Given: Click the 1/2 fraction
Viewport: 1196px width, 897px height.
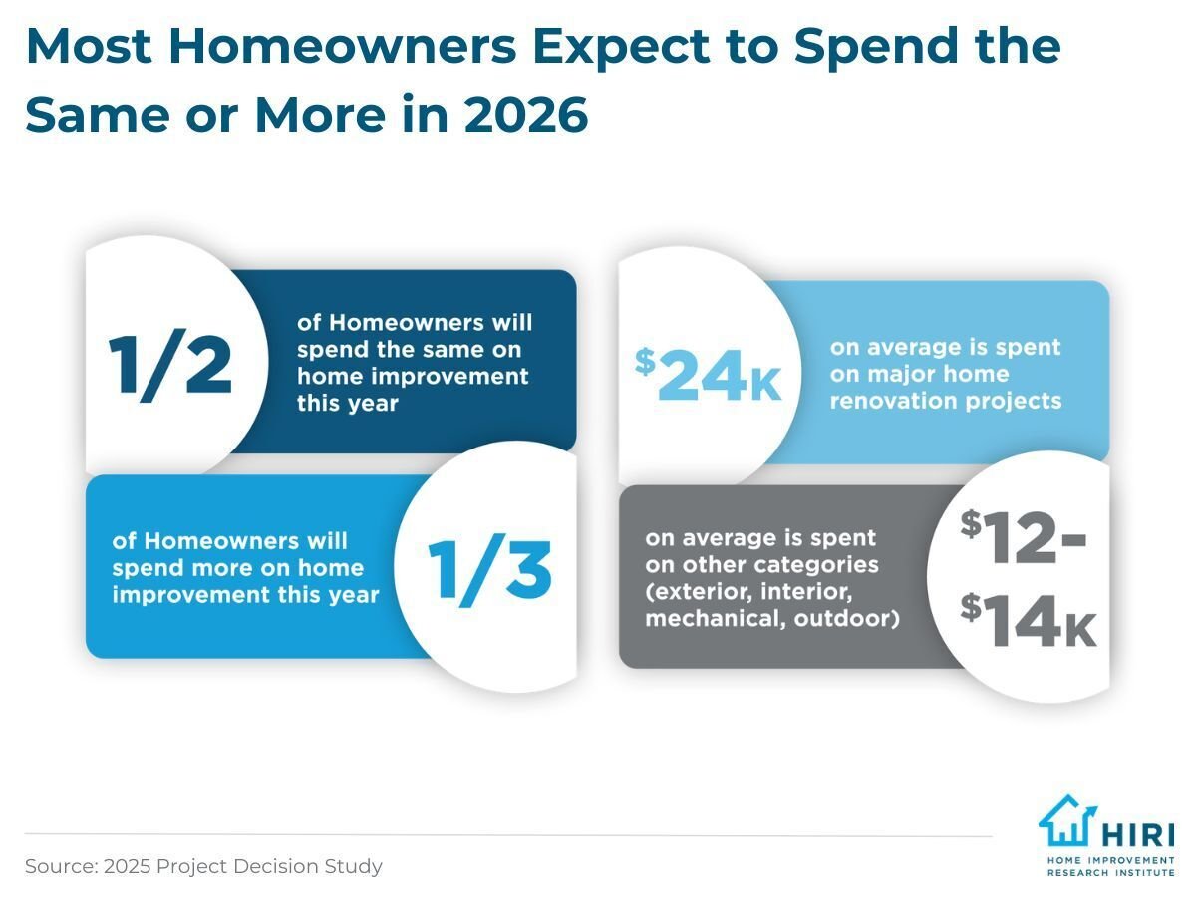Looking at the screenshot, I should click(x=170, y=365).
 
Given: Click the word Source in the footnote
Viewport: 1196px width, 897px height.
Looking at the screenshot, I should click(x=59, y=866).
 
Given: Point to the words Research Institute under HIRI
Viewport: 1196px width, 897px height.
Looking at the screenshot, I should click(x=1110, y=870).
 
